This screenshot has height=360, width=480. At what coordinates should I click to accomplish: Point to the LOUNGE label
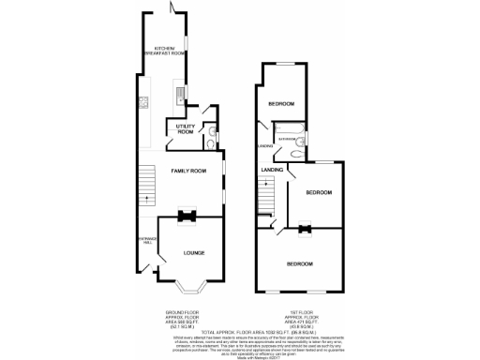194,253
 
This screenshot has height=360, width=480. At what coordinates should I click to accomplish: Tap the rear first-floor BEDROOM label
280,104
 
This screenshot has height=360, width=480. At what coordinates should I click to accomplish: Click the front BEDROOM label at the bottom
299,263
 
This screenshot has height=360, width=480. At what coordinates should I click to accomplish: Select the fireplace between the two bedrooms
305,227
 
